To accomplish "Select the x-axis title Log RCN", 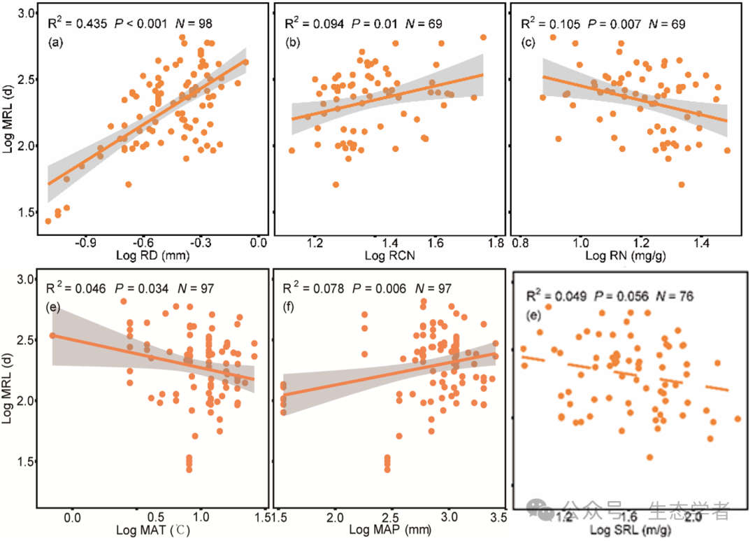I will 389,256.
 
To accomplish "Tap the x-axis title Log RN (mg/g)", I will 624,256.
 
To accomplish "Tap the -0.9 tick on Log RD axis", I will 87,242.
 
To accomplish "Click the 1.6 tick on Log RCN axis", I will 435,242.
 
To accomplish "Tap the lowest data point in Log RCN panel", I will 336,185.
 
